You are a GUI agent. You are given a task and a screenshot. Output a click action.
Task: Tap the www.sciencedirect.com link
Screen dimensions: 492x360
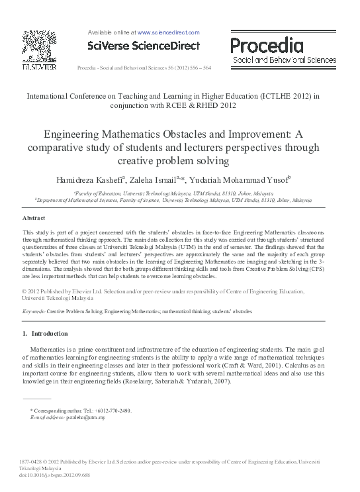[168, 32]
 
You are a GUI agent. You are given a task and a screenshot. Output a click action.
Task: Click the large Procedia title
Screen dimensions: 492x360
[267, 46]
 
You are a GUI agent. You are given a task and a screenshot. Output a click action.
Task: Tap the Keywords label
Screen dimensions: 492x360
[34, 311]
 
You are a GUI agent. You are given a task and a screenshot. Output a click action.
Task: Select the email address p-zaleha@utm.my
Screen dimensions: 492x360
[85, 418]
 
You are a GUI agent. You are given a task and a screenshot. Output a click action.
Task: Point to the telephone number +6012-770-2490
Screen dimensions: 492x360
[110, 411]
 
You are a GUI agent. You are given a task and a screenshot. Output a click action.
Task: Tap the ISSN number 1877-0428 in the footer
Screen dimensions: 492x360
[31, 461]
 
